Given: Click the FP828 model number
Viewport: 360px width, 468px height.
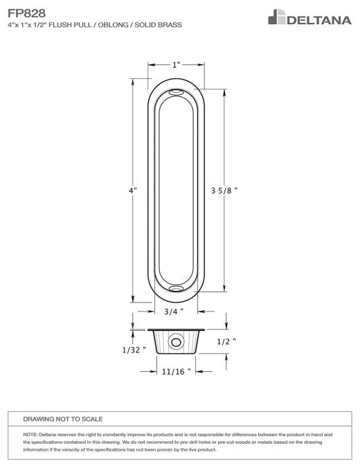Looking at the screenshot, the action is [26, 13].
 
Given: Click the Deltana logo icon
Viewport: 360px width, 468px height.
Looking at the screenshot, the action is [277, 17].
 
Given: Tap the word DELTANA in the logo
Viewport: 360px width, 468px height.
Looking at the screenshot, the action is [319, 20].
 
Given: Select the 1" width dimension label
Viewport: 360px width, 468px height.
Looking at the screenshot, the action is [176, 65].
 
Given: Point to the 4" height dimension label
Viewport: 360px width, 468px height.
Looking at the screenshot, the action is [133, 190].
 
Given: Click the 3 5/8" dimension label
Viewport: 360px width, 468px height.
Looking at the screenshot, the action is [224, 190].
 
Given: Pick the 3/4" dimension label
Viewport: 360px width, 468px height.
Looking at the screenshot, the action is [174, 312].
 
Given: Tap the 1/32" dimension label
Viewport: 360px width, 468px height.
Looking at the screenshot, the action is [134, 350].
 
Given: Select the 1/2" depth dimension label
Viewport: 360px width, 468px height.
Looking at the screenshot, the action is [226, 341].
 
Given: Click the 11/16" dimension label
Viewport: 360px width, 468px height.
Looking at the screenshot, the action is [176, 372].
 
